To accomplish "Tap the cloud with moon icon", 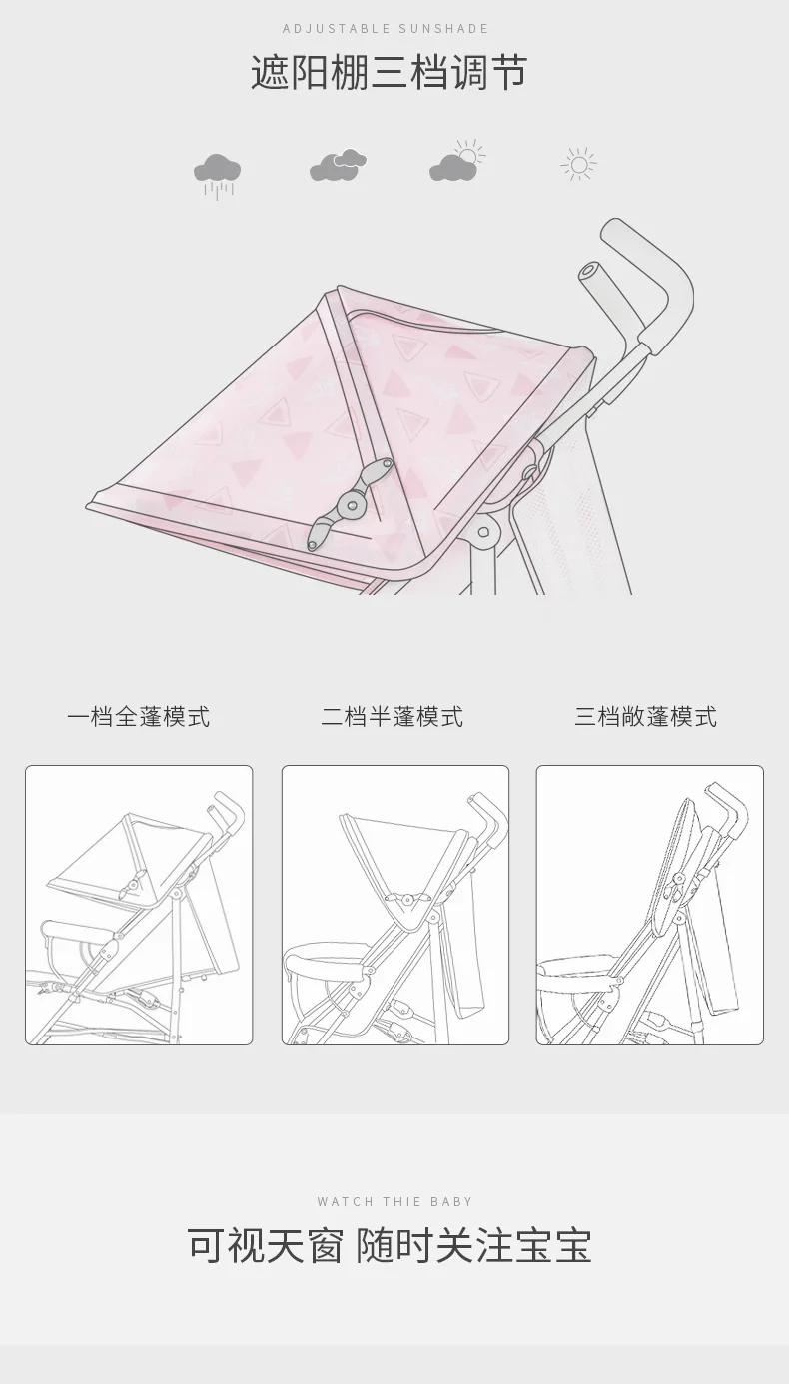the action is [x=338, y=165].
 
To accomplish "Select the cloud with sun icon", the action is [x=457, y=161].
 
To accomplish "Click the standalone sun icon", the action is [x=579, y=165].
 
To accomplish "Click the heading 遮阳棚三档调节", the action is [x=389, y=73].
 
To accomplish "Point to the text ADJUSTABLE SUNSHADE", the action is [x=386, y=28].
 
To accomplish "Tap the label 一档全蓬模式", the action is [x=139, y=717].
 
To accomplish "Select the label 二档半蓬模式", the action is [x=392, y=717].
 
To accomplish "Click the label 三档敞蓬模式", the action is [x=645, y=717].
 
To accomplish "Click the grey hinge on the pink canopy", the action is [x=351, y=503].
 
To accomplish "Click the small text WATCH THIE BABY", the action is [x=394, y=1201].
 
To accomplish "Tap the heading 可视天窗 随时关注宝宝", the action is [x=390, y=1246].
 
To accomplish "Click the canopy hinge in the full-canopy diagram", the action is [x=131, y=884].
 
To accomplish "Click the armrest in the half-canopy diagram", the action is [x=326, y=959].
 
